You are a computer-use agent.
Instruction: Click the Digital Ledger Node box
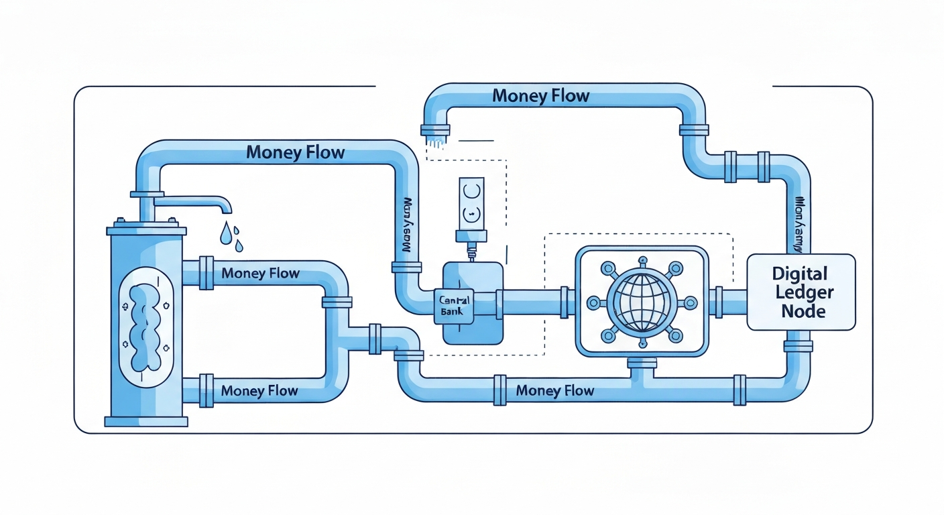(801, 292)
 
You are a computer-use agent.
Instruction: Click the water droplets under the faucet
(231, 236)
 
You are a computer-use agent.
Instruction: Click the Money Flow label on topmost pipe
(540, 96)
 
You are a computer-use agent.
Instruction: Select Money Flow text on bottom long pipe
(554, 390)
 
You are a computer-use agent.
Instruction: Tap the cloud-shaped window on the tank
(145, 327)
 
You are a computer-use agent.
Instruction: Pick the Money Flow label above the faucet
(295, 152)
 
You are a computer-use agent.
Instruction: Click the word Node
(803, 311)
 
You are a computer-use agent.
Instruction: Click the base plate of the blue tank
(146, 421)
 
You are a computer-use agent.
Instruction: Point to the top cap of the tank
(145, 229)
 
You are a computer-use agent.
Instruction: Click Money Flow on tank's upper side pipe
(260, 274)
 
